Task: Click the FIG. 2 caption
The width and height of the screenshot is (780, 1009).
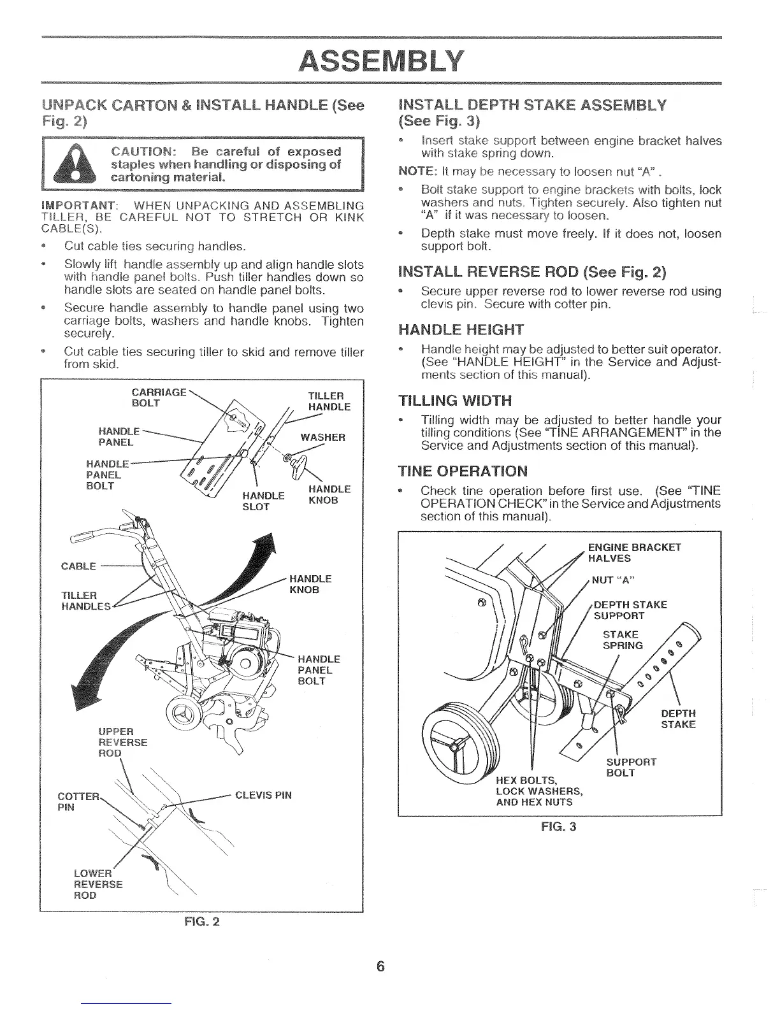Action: tap(201, 921)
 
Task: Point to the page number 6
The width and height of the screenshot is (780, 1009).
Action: tap(380, 966)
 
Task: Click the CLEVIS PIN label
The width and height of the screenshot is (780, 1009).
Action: tap(263, 795)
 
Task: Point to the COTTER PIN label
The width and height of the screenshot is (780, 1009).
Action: tap(78, 802)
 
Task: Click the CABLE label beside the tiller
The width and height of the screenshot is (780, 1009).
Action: tap(78, 566)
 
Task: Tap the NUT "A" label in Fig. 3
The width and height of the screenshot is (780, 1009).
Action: tap(610, 580)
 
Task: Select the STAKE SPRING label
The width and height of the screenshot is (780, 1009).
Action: tap(622, 640)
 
